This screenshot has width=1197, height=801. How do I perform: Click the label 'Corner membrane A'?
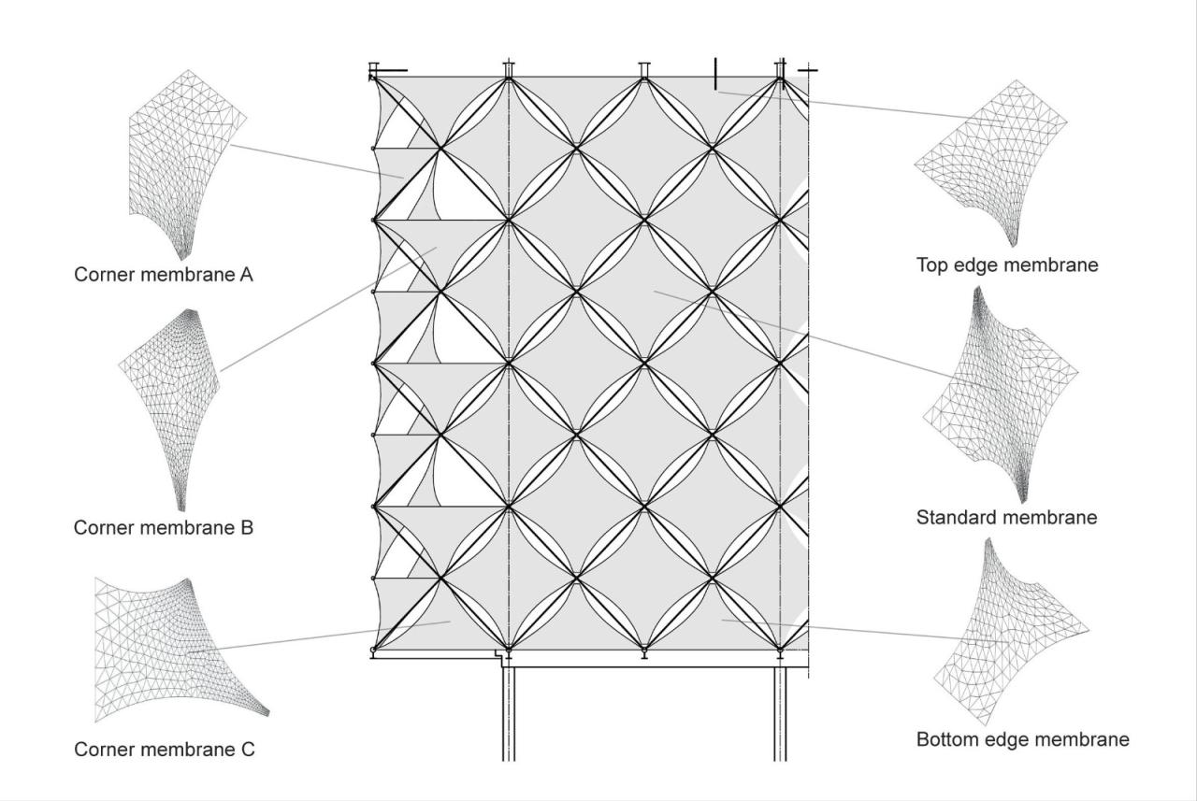[164, 276]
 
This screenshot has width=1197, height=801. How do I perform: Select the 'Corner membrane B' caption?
[164, 527]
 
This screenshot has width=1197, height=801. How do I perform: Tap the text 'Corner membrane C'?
[164, 750]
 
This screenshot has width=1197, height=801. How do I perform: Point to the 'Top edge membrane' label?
[1007, 265]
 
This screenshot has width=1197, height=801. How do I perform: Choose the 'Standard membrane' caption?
[1006, 517]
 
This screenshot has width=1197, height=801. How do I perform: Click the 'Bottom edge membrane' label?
[1023, 740]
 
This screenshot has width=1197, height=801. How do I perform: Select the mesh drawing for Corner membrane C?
[168, 645]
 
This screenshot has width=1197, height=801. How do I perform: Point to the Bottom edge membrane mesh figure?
[1005, 626]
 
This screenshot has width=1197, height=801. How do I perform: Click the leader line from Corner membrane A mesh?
[318, 161]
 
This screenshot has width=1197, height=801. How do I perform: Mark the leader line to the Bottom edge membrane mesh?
[842, 629]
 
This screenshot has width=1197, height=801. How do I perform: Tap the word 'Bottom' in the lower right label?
[947, 740]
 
